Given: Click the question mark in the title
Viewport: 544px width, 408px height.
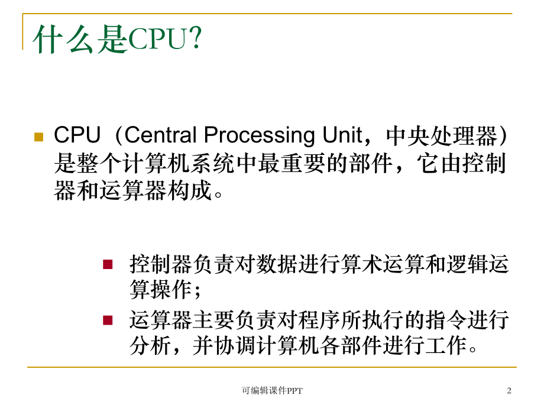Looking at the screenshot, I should [195, 40].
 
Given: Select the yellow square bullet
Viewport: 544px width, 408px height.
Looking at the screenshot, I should [39, 137].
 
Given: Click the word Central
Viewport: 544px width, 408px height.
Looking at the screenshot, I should [161, 136].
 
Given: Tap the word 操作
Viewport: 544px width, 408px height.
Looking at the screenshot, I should [177, 290].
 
